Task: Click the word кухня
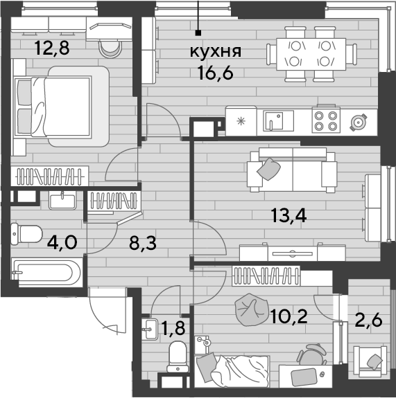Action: tap(216, 51)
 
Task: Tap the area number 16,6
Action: tap(215, 73)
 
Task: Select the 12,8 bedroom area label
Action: tap(52, 48)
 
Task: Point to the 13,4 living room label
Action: tap(289, 215)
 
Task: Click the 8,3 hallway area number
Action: tap(143, 243)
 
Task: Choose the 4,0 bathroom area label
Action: tap(62, 243)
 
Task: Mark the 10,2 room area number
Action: tap(289, 317)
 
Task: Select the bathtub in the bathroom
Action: tap(47, 273)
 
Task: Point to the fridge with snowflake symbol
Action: tap(241, 121)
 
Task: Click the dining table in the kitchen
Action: tap(311, 54)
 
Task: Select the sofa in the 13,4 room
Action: tap(292, 170)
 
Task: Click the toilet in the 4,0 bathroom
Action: tap(26, 234)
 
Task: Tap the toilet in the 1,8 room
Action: tap(178, 357)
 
